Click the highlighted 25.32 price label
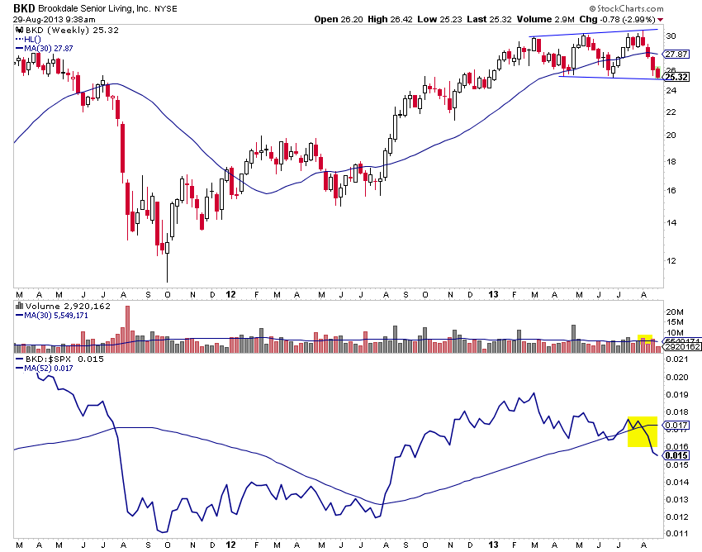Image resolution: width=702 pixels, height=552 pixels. coord(676,77)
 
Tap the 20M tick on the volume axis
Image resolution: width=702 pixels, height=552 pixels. coord(675,312)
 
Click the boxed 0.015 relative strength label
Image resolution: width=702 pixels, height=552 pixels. coord(676,455)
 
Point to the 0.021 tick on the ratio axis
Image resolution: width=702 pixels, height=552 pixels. coord(676,359)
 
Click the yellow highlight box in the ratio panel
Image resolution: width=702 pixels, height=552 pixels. coord(642,431)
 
